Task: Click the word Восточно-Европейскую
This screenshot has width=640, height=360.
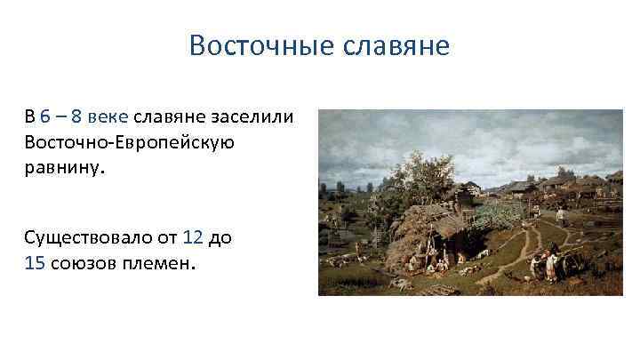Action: pos(129,142)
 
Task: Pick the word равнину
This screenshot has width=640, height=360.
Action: pos(64,166)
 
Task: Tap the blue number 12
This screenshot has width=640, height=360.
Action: pos(192,237)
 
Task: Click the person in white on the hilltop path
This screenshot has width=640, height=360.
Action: pos(561,214)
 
